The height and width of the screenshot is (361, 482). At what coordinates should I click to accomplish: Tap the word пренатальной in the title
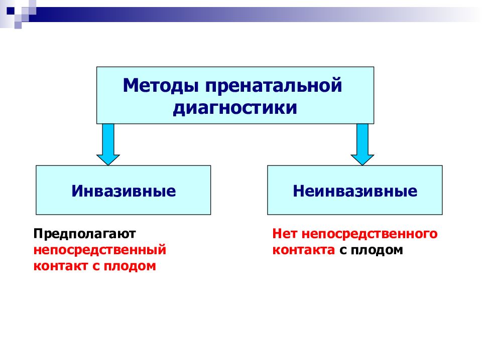click(x=274, y=85)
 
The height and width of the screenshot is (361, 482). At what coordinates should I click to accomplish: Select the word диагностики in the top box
click(x=235, y=108)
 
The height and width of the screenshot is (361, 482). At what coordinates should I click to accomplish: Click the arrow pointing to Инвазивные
click(x=108, y=144)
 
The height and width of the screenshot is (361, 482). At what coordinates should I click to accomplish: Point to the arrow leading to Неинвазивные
click(x=363, y=144)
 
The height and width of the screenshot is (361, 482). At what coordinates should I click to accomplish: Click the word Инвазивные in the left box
click(x=124, y=191)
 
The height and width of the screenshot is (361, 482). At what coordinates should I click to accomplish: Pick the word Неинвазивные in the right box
click(x=355, y=191)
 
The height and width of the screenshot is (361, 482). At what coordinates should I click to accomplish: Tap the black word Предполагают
click(x=84, y=235)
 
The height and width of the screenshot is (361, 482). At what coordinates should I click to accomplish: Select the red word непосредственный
click(x=100, y=250)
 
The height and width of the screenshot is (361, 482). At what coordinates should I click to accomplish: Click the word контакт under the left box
click(x=61, y=266)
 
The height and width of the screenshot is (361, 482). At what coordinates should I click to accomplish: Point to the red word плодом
click(x=130, y=266)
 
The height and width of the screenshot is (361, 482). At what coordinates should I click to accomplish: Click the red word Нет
click(x=285, y=234)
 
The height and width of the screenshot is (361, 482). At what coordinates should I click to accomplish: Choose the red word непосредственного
click(x=370, y=235)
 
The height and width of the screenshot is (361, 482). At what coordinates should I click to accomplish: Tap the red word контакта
click(x=304, y=250)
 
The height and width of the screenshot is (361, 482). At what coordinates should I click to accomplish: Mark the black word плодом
click(x=377, y=251)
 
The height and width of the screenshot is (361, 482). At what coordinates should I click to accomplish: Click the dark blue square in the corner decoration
click(x=11, y=11)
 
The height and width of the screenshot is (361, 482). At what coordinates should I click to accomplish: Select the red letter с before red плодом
click(x=96, y=266)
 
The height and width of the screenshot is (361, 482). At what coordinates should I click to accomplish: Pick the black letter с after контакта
click(x=343, y=251)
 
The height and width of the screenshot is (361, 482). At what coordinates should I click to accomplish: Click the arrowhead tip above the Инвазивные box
click(x=108, y=165)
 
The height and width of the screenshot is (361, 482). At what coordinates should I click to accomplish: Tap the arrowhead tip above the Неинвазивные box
click(x=363, y=165)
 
